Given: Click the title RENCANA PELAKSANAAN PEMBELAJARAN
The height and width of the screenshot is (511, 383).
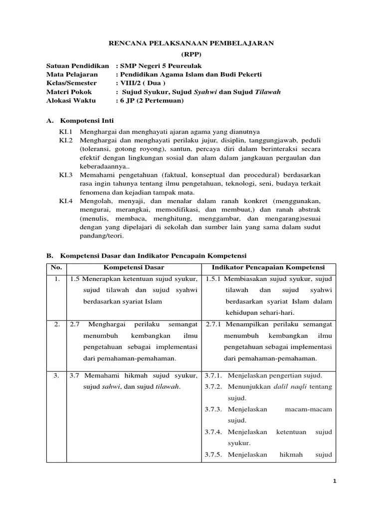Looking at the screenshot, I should pyautogui.click(x=191, y=43).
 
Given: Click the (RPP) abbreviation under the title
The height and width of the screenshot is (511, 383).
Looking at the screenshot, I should pyautogui.click(x=191, y=54).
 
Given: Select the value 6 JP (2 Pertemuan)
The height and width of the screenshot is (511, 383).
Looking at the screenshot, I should pyautogui.click(x=151, y=100).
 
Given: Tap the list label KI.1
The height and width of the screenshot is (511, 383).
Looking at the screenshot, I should pyautogui.click(x=66, y=132).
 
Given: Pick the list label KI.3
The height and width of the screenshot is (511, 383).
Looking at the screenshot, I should pyautogui.click(x=66, y=175).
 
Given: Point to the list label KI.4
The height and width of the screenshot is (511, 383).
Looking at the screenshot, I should pyautogui.click(x=66, y=201).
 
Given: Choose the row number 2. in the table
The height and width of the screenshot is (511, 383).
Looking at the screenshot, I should pyautogui.click(x=57, y=324).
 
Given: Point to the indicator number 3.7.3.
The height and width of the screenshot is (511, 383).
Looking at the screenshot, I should pyautogui.click(x=214, y=409).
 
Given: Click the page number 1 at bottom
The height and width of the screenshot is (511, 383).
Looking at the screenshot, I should pyautogui.click(x=335, y=481).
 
